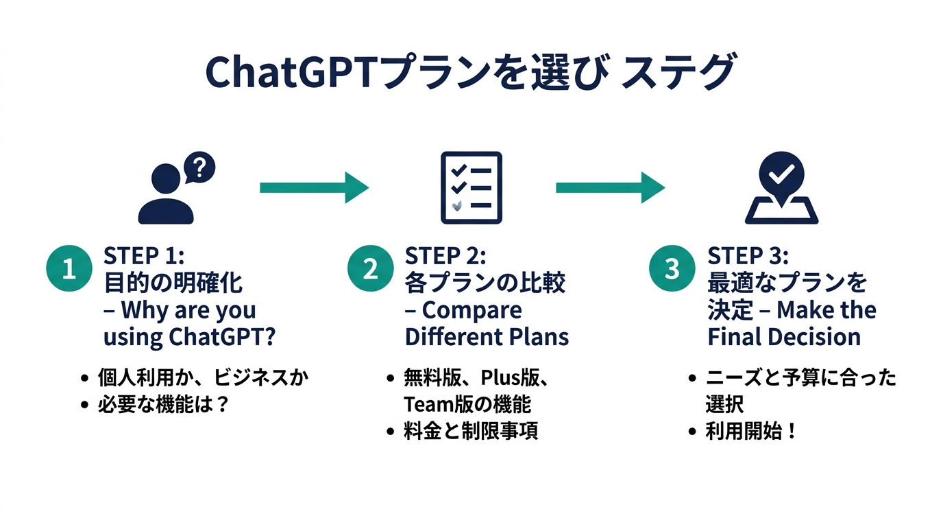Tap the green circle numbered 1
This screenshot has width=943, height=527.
[69, 269]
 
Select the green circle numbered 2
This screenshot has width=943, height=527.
[370, 269]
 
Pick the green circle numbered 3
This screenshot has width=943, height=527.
[672, 269]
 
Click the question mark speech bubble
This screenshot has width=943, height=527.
[199, 167]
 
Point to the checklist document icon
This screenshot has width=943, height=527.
[471, 187]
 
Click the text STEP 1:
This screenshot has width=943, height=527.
[144, 256]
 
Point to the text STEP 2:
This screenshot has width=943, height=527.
[445, 256]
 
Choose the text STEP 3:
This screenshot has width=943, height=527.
[748, 256]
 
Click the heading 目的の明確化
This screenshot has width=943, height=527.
[173, 283]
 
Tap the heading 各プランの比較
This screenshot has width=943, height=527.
[485, 283]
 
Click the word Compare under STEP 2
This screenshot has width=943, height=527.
[472, 310]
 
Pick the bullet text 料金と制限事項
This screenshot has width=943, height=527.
[471, 431]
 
